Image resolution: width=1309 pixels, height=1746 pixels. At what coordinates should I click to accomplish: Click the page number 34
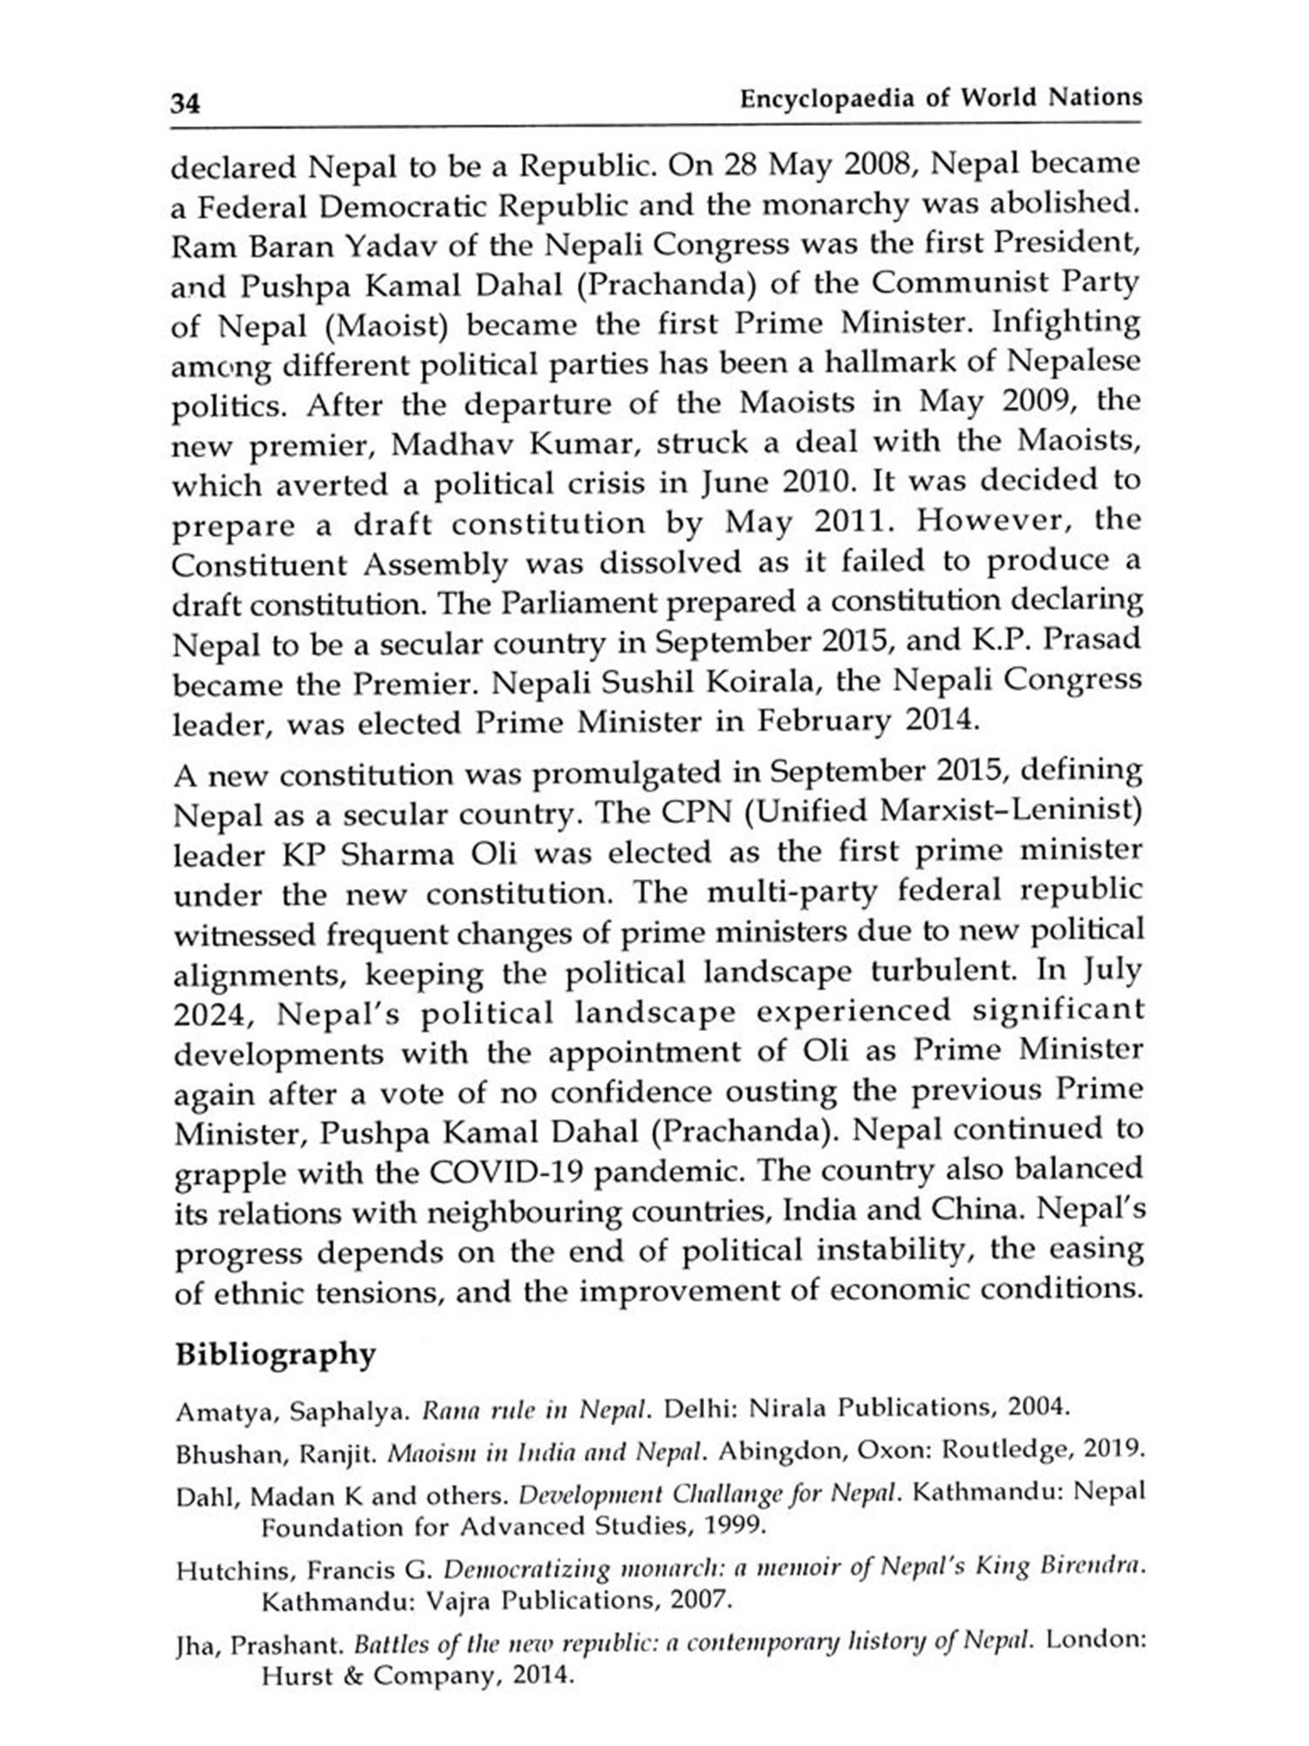[185, 104]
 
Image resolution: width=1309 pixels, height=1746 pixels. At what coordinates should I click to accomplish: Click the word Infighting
[1066, 322]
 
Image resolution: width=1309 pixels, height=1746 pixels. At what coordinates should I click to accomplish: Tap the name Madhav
[442, 444]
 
